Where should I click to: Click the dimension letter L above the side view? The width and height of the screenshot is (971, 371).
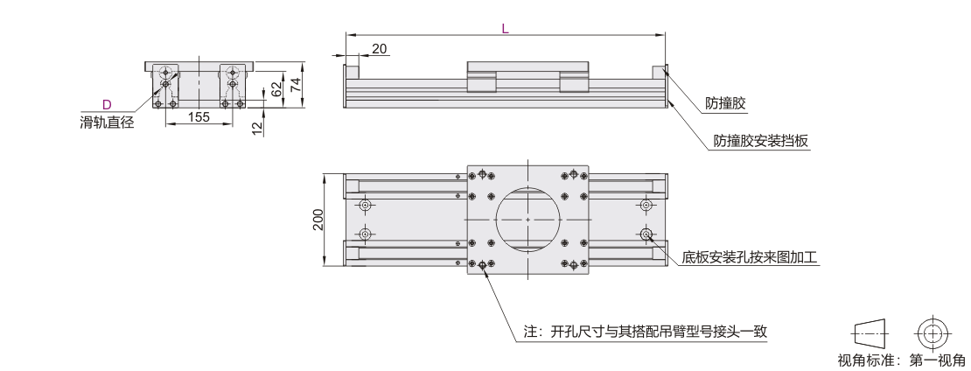[x=505, y=28]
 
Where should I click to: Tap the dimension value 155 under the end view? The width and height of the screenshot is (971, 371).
[x=199, y=117]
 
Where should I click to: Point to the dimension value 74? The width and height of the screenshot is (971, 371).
[x=297, y=84]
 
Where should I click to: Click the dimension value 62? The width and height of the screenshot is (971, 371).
[x=276, y=88]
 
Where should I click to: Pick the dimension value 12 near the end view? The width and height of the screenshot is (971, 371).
[x=256, y=128]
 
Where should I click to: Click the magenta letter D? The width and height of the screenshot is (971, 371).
[x=106, y=104]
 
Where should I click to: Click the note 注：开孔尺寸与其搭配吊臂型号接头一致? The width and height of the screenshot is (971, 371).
[x=645, y=332]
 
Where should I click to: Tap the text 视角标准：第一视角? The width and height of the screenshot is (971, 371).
[x=901, y=360]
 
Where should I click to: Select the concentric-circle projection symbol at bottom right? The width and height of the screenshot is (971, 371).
[x=933, y=332]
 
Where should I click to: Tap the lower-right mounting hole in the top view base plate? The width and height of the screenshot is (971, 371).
[x=646, y=234]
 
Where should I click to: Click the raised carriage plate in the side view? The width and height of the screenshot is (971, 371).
[x=527, y=67]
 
